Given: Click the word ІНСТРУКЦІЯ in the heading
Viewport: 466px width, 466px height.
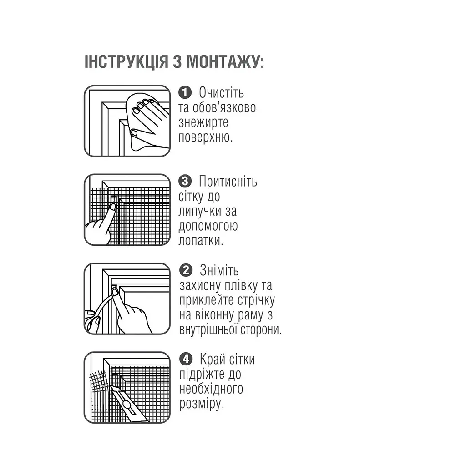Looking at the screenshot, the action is pos(127,62).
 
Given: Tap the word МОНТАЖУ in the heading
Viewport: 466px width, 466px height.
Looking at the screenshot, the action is pos(225,62).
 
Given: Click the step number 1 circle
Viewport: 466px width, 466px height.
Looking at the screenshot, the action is pos(185,92).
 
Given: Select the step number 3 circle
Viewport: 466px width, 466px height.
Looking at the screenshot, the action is pos(185,181).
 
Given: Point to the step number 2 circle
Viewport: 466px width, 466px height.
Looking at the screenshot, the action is pos(186,270).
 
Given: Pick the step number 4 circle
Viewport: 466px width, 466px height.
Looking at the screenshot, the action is pos(186,359).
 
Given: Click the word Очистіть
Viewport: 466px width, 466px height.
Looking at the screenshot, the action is pos(222,92).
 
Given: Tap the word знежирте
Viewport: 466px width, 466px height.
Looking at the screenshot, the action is pos(203,122).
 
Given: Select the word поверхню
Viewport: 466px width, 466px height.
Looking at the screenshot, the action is pos(205,137).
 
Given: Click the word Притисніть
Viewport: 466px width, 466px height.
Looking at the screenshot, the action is pos(228,181).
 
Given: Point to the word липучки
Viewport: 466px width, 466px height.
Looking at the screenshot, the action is pos(200,211).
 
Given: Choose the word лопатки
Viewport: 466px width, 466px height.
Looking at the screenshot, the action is pos(201,240).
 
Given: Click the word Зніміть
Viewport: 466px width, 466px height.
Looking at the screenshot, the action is pos(219,270).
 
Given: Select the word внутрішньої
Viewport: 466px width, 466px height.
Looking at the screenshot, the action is pos(208,329).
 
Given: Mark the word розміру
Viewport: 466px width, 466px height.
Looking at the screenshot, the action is pos(202,404).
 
